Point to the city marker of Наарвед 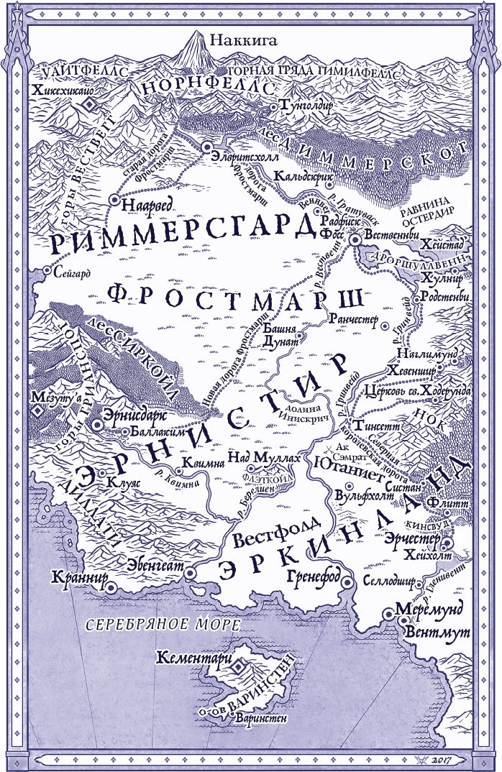coord(113,202)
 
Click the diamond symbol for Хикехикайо coord(88,106)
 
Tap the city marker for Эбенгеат coord(190,573)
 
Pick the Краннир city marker coord(111,586)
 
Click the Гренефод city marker coord(346,582)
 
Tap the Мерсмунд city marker coord(388,612)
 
